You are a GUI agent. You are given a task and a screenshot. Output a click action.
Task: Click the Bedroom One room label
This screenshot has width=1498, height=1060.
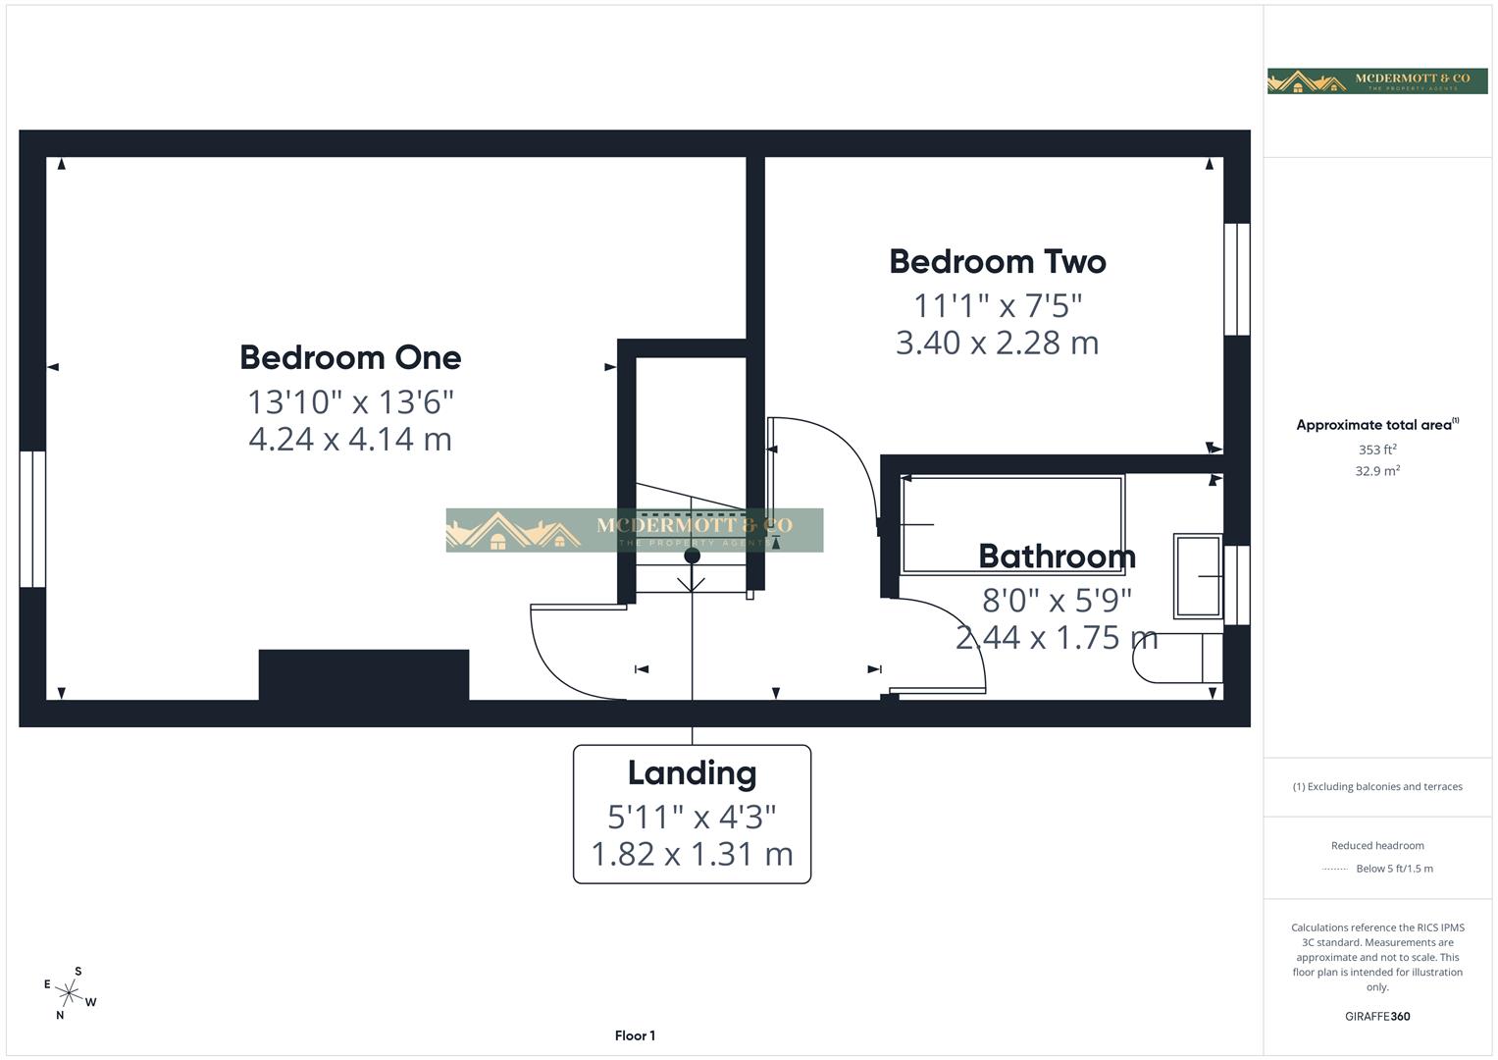point(350,357)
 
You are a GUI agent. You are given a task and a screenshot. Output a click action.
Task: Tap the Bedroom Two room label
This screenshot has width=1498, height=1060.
point(998,262)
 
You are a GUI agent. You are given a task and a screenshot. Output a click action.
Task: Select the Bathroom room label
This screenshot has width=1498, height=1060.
point(1057,556)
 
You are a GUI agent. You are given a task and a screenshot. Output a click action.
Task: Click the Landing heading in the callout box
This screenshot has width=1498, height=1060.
point(692,773)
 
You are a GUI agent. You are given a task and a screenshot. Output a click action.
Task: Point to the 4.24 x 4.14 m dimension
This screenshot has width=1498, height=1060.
point(350,439)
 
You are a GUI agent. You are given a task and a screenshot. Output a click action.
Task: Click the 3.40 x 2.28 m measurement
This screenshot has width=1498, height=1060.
point(998,343)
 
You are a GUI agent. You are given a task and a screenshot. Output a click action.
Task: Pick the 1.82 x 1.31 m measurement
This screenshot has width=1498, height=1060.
point(692,854)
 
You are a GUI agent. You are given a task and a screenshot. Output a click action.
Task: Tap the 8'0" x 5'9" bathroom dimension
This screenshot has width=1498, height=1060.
point(1057,599)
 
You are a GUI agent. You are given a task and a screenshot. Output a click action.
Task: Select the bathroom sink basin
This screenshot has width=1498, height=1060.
point(1197,575)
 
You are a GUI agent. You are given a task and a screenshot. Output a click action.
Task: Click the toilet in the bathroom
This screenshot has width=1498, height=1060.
point(1177,658)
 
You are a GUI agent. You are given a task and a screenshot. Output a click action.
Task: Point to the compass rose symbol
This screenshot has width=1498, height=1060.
point(70,994)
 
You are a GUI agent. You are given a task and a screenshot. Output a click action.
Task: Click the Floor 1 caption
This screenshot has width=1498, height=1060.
point(635,1035)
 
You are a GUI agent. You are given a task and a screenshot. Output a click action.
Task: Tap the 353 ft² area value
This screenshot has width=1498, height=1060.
point(1377,450)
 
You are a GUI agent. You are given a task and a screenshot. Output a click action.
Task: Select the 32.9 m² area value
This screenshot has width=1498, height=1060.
point(1377,471)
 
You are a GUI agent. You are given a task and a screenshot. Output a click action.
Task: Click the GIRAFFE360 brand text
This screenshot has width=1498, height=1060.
point(1377,1016)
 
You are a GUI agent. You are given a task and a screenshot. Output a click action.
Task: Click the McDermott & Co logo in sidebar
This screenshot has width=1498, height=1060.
point(1377,80)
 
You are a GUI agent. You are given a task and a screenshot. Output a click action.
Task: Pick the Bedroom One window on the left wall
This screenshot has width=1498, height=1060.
point(32,519)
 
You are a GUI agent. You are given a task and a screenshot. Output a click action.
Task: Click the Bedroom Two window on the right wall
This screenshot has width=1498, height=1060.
point(1237,280)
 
